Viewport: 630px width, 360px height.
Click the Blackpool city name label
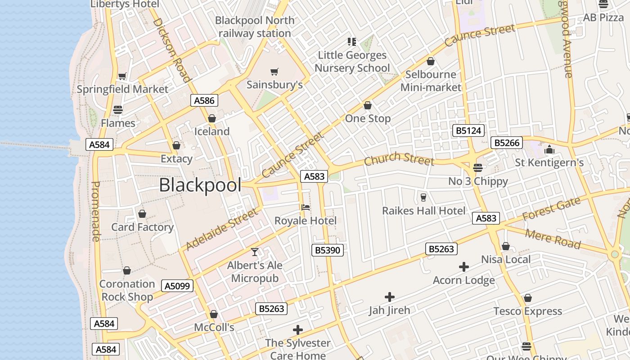click(x=200, y=185)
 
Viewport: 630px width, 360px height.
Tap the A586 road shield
click(x=204, y=100)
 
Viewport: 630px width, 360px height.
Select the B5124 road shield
click(x=468, y=131)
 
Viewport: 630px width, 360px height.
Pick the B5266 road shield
click(x=507, y=143)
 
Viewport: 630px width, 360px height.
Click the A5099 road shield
click(x=178, y=286)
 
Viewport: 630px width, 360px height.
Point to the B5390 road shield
click(x=328, y=250)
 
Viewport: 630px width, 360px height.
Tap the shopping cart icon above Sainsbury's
click(x=274, y=72)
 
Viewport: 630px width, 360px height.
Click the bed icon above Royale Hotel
click(x=306, y=207)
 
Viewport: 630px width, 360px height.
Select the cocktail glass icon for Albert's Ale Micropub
click(x=255, y=252)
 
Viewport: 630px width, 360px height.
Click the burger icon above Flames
click(x=118, y=110)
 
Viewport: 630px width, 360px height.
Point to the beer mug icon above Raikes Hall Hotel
click(x=423, y=197)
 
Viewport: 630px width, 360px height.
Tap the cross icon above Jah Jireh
click(x=390, y=297)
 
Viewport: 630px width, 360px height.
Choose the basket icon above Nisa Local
click(x=506, y=246)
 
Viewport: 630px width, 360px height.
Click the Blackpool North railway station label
click(x=255, y=27)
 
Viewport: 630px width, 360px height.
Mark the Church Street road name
click(x=399, y=159)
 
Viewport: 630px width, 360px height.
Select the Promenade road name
click(x=95, y=211)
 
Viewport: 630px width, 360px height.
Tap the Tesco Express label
click(x=527, y=311)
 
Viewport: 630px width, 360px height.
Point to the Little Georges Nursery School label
click(x=352, y=62)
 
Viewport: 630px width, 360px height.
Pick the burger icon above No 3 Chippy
click(x=478, y=168)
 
